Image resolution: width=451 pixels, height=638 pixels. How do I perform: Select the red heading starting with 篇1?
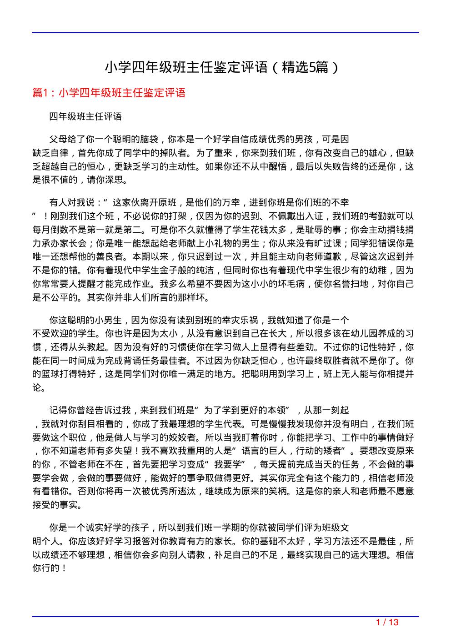(109, 93)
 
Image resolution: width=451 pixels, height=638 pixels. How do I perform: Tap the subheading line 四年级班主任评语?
(85, 116)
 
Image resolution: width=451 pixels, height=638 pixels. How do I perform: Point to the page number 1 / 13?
(387, 622)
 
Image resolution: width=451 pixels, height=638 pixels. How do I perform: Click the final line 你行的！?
(50, 568)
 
